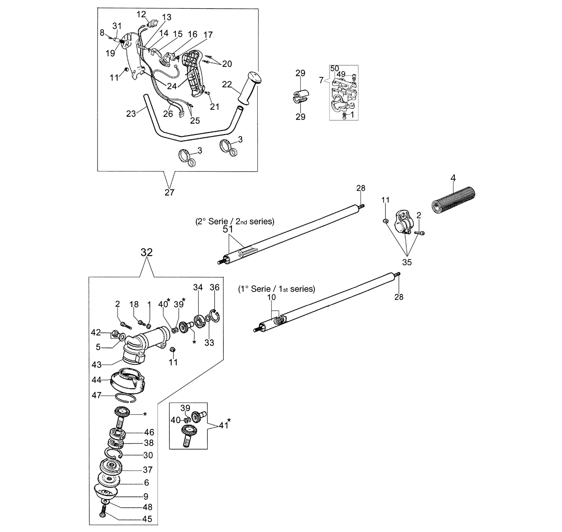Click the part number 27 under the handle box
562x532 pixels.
pos(169,192)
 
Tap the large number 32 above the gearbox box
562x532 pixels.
pos(146,252)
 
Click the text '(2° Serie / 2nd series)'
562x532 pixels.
pos(235,222)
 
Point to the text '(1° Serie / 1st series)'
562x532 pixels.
pos(277,289)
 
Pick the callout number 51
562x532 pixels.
pos(228,229)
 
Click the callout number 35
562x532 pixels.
pos(407,262)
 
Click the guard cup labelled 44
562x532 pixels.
pos(127,381)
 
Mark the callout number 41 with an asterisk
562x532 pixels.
pos(225,424)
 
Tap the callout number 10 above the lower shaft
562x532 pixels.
pos(271,297)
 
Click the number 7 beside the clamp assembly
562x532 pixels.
pos(321,81)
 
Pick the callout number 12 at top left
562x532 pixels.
pos(141,14)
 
